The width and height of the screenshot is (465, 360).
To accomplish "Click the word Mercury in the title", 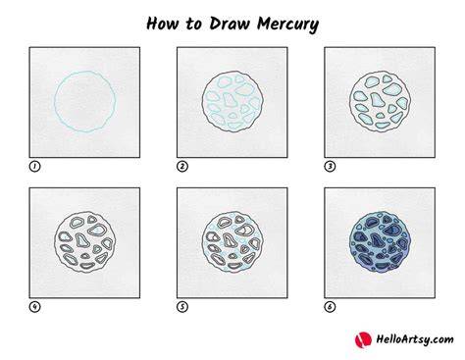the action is pos(287,25).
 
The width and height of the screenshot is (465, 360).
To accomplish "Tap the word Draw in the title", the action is pos(230,24).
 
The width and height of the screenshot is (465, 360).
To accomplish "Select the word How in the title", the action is pos(163,24).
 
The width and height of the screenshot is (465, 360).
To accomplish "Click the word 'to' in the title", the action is pos(193,25).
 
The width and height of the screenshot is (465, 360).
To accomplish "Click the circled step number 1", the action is pos(34,167).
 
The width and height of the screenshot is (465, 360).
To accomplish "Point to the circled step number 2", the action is pos(182,167).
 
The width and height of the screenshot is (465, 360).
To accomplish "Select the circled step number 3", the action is pos(330,167).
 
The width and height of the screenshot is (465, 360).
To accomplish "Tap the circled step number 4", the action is pos(34,307).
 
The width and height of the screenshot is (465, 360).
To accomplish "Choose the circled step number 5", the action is pos(182,307).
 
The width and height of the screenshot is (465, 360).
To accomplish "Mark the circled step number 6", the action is pos(330,307).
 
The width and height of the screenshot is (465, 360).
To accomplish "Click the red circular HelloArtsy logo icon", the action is pos(363,339).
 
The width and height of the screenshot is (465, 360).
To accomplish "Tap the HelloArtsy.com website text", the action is pos(415,339).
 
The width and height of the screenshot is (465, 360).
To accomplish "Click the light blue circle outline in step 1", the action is pos(55,101).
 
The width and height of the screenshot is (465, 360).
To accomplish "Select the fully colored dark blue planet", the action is pos(380,242).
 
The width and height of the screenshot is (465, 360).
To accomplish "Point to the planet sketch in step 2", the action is pos(232,102).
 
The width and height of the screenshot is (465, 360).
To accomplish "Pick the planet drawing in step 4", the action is pos(84,242).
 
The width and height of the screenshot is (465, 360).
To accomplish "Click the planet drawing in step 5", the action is pos(232,242).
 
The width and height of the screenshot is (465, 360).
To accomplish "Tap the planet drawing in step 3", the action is pos(380,102).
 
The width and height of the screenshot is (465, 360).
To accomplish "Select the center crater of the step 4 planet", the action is pos(82,240).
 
